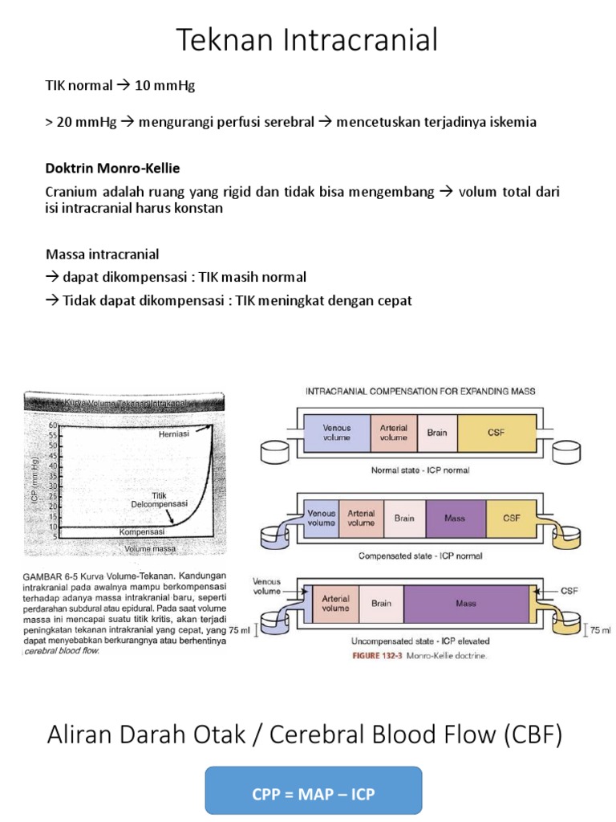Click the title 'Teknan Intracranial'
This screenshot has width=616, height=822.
tap(307, 39)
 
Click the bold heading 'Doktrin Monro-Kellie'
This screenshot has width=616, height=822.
tap(112, 169)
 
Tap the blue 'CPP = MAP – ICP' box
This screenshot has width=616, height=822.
tap(313, 796)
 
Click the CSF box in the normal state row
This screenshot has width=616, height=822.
tap(496, 432)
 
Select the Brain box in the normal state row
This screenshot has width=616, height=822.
tap(436, 432)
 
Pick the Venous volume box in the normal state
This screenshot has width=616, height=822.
tap(337, 432)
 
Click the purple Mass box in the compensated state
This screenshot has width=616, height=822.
tap(456, 519)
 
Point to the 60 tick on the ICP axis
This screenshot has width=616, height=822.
tap(54, 425)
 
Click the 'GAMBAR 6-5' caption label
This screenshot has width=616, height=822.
tap(47, 576)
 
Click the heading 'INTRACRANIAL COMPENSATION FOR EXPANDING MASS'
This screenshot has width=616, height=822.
tap(420, 391)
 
